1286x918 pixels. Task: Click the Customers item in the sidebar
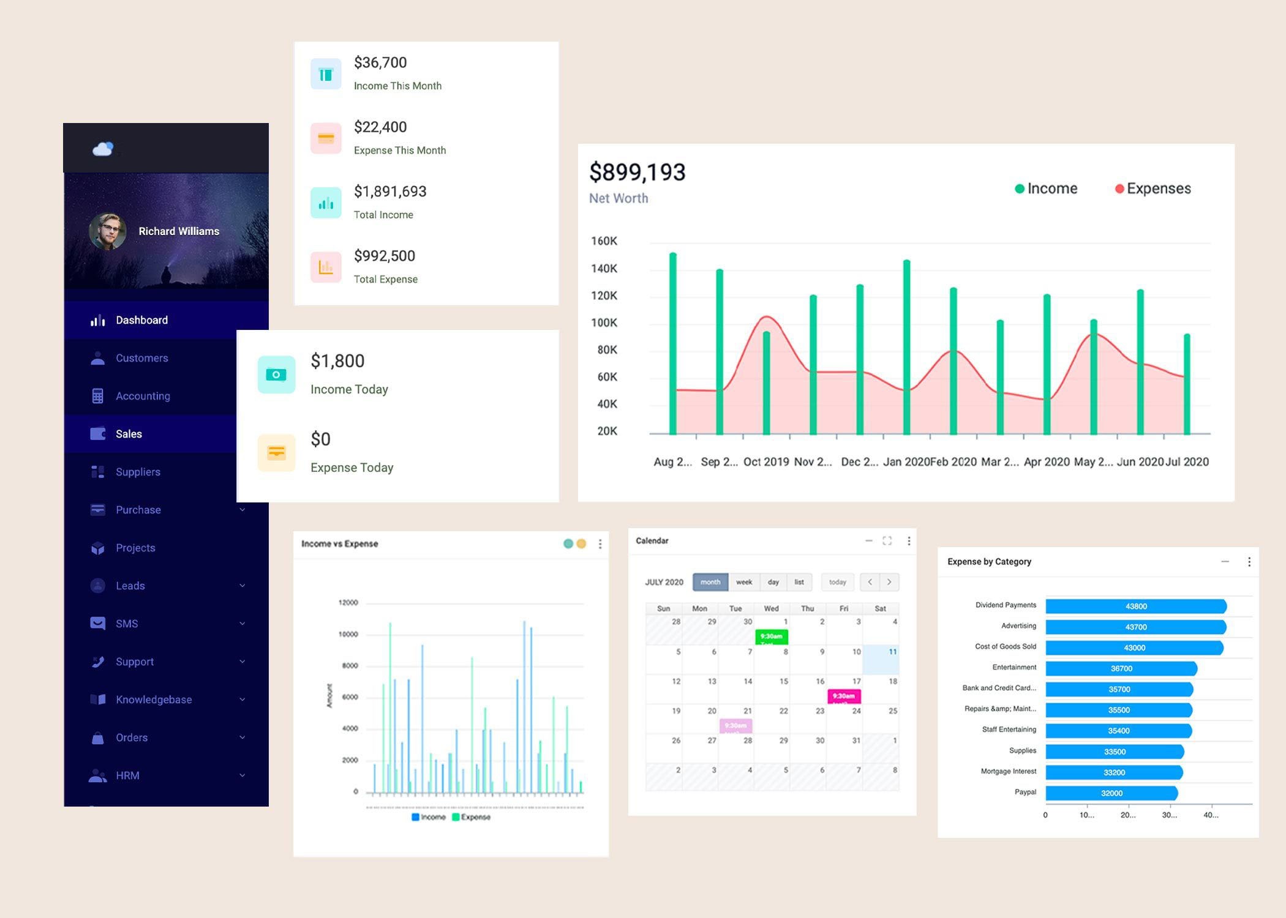pyautogui.click(x=141, y=358)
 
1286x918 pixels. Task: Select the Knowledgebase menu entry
pyautogui.click(x=153, y=700)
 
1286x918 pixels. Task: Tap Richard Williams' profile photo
pyautogui.click(x=108, y=231)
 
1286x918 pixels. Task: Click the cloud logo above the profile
pyautogui.click(x=103, y=149)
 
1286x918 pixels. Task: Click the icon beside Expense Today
pyautogui.click(x=276, y=453)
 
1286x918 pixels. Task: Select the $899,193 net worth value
pyautogui.click(x=637, y=172)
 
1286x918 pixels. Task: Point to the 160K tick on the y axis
pyautogui.click(x=604, y=241)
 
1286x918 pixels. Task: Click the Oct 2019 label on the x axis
pyautogui.click(x=766, y=462)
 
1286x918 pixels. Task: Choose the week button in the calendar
pyautogui.click(x=744, y=582)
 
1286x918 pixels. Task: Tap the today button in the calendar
pyautogui.click(x=837, y=582)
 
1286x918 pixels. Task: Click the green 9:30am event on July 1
pyautogui.click(x=772, y=636)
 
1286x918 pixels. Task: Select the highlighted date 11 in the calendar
pyautogui.click(x=892, y=652)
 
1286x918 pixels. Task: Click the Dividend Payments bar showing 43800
pyautogui.click(x=1136, y=606)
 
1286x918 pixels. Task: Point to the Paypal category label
pyautogui.click(x=1025, y=792)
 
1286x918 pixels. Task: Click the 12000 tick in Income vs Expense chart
pyautogui.click(x=348, y=603)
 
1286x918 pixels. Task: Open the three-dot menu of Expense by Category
pyautogui.click(x=1249, y=562)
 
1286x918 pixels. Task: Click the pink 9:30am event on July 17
pyautogui.click(x=844, y=696)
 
